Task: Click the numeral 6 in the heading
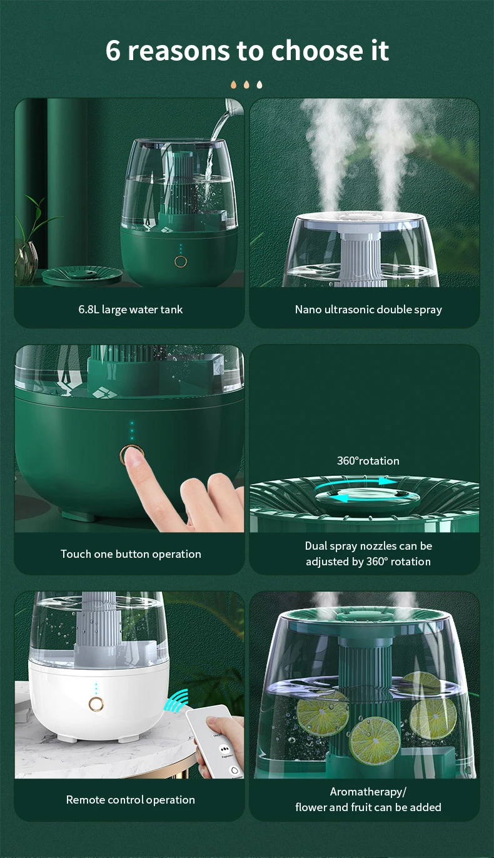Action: [x=113, y=50]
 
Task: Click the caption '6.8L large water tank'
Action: [x=131, y=310]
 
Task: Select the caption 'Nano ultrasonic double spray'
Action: [x=368, y=310]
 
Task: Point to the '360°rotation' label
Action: [x=368, y=461]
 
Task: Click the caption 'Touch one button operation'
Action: [x=131, y=554]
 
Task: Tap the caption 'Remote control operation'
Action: [x=131, y=800]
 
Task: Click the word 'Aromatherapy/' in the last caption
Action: [x=368, y=792]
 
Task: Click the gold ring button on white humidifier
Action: [x=96, y=704]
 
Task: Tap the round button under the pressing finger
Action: [x=129, y=455]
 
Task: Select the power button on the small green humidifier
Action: [x=181, y=261]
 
